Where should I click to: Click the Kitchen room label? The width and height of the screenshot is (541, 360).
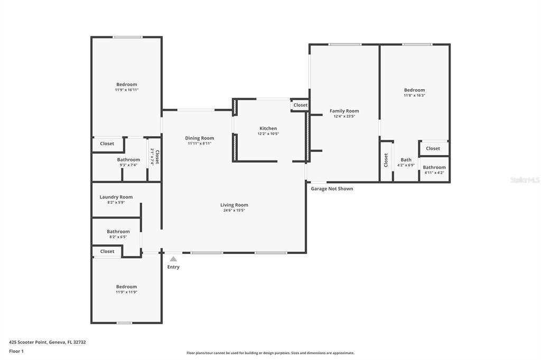coord(268,128)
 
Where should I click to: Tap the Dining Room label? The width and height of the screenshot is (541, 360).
coord(199,138)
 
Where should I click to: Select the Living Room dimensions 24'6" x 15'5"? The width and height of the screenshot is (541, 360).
coord(234,211)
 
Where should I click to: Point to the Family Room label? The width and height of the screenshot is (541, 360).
coord(344,111)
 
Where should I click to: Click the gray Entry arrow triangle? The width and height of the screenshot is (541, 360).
coord(173,259)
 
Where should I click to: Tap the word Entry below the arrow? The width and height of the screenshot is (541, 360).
coord(173,267)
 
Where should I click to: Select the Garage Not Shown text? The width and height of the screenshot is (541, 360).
coord(332,188)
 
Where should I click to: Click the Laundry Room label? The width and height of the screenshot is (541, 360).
coord(116,197)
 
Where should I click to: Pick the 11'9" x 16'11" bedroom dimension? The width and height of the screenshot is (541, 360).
coord(126,90)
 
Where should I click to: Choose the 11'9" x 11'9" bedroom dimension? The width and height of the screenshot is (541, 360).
coord(126,292)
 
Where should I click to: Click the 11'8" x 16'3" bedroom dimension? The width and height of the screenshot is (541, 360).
coord(414,96)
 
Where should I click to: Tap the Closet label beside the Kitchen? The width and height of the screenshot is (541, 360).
coord(301,105)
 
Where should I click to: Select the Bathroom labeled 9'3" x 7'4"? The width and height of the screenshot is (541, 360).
coord(128,159)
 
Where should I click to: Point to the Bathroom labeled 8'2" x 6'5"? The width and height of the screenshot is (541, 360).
coord(118,231)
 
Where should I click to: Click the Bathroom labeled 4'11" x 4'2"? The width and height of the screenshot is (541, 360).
coord(434,167)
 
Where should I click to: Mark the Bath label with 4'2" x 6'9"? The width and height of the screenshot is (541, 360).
coord(406,160)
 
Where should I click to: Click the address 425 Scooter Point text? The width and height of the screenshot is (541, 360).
coord(48,342)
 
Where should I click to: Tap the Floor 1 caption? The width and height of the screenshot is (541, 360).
coord(16,351)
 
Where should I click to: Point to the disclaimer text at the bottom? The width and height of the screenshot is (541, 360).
coord(270,353)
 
